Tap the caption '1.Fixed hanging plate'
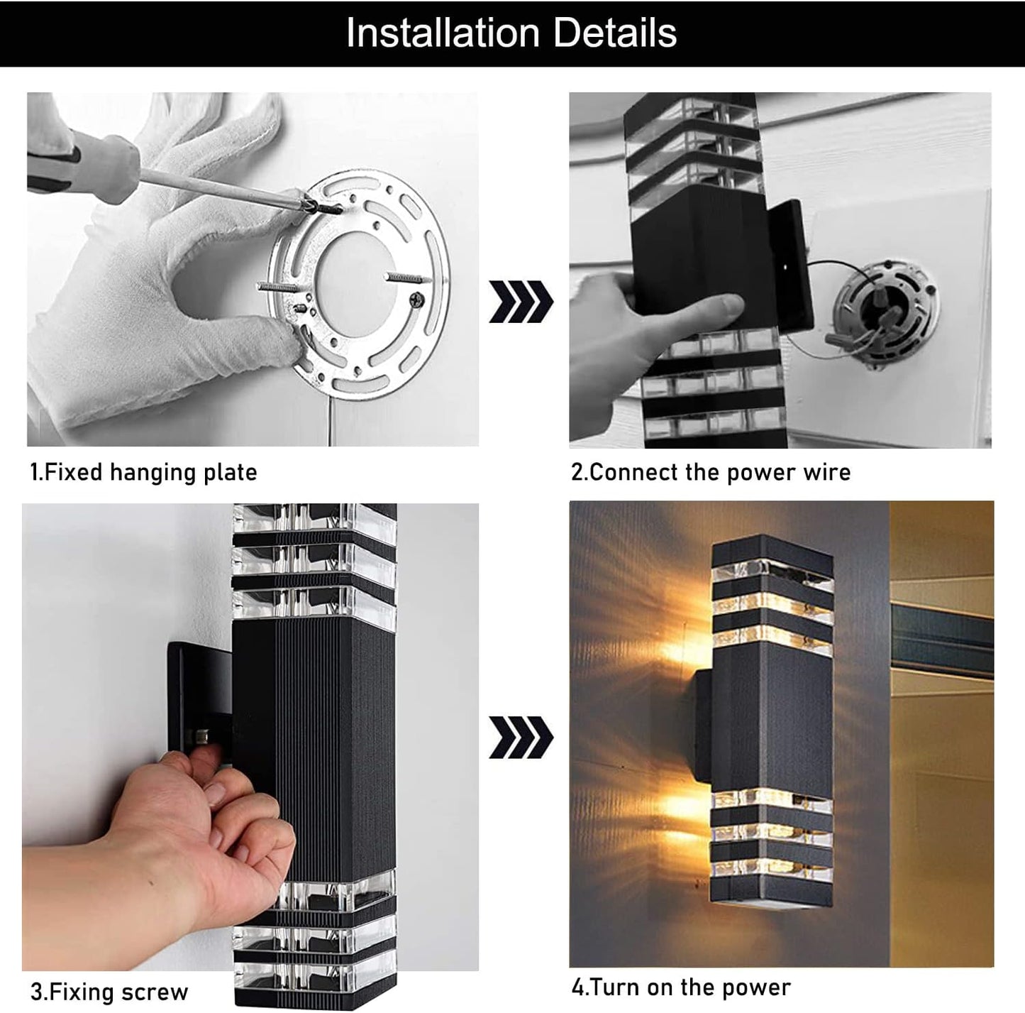(143, 472)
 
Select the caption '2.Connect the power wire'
(711, 472)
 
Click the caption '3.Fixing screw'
(109, 991)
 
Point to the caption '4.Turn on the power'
(681, 987)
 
